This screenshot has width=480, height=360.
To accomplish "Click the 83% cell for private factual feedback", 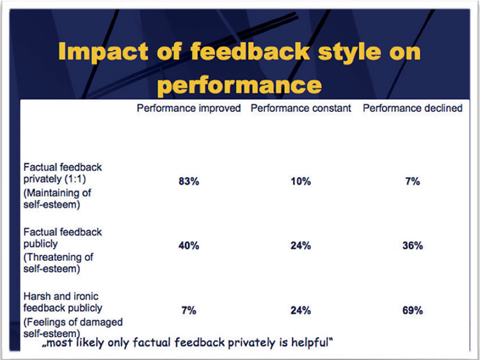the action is click(x=189, y=182).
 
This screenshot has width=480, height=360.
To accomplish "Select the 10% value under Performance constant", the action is click(x=301, y=182).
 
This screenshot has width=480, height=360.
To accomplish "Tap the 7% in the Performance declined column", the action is click(x=413, y=182).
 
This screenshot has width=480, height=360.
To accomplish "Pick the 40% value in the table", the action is click(x=189, y=246).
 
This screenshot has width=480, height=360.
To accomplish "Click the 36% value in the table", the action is click(x=413, y=246).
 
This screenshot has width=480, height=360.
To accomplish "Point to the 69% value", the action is click(x=413, y=311).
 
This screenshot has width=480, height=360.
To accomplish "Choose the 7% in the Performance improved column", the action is click(x=189, y=311).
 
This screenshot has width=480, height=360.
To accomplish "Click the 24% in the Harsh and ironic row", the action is click(x=301, y=311).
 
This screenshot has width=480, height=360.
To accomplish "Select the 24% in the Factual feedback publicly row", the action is click(x=301, y=246).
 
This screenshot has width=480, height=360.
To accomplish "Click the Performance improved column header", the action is click(x=189, y=108).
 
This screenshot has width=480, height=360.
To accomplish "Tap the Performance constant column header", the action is click(x=301, y=108).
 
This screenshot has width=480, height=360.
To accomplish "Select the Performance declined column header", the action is click(x=413, y=108).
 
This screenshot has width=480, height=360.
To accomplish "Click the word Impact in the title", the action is click(x=104, y=51).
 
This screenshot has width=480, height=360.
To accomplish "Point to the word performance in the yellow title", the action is click(x=240, y=85).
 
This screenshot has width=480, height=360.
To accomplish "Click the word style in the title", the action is click(x=349, y=52).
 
